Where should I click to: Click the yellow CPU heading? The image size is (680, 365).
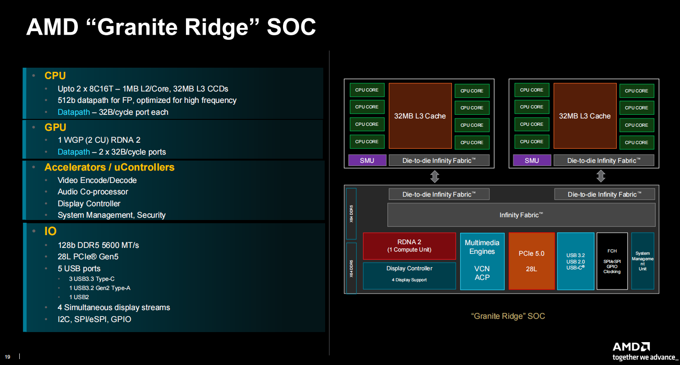55,76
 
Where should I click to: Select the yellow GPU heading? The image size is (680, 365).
55,128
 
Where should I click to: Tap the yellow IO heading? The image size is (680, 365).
50,231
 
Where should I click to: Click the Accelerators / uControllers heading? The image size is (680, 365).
109,167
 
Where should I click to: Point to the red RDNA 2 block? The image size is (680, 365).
409,246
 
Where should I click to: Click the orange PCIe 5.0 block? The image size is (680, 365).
531,261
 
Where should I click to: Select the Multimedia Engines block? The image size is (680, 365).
482,261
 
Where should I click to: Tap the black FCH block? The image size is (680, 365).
612,261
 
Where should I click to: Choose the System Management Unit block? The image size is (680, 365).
642,261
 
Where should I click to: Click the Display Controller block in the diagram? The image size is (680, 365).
409,275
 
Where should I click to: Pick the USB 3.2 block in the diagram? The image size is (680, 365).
576,261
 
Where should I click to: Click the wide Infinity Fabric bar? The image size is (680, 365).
521,215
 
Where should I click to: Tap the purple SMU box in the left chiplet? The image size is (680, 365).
367,161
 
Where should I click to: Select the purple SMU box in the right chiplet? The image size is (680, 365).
532,161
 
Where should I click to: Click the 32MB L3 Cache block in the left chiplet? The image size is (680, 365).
420,116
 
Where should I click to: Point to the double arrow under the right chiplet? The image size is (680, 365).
601,176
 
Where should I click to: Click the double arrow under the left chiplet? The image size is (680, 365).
435,176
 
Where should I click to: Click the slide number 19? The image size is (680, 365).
7,357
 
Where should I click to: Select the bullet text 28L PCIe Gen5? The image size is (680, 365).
88,257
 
